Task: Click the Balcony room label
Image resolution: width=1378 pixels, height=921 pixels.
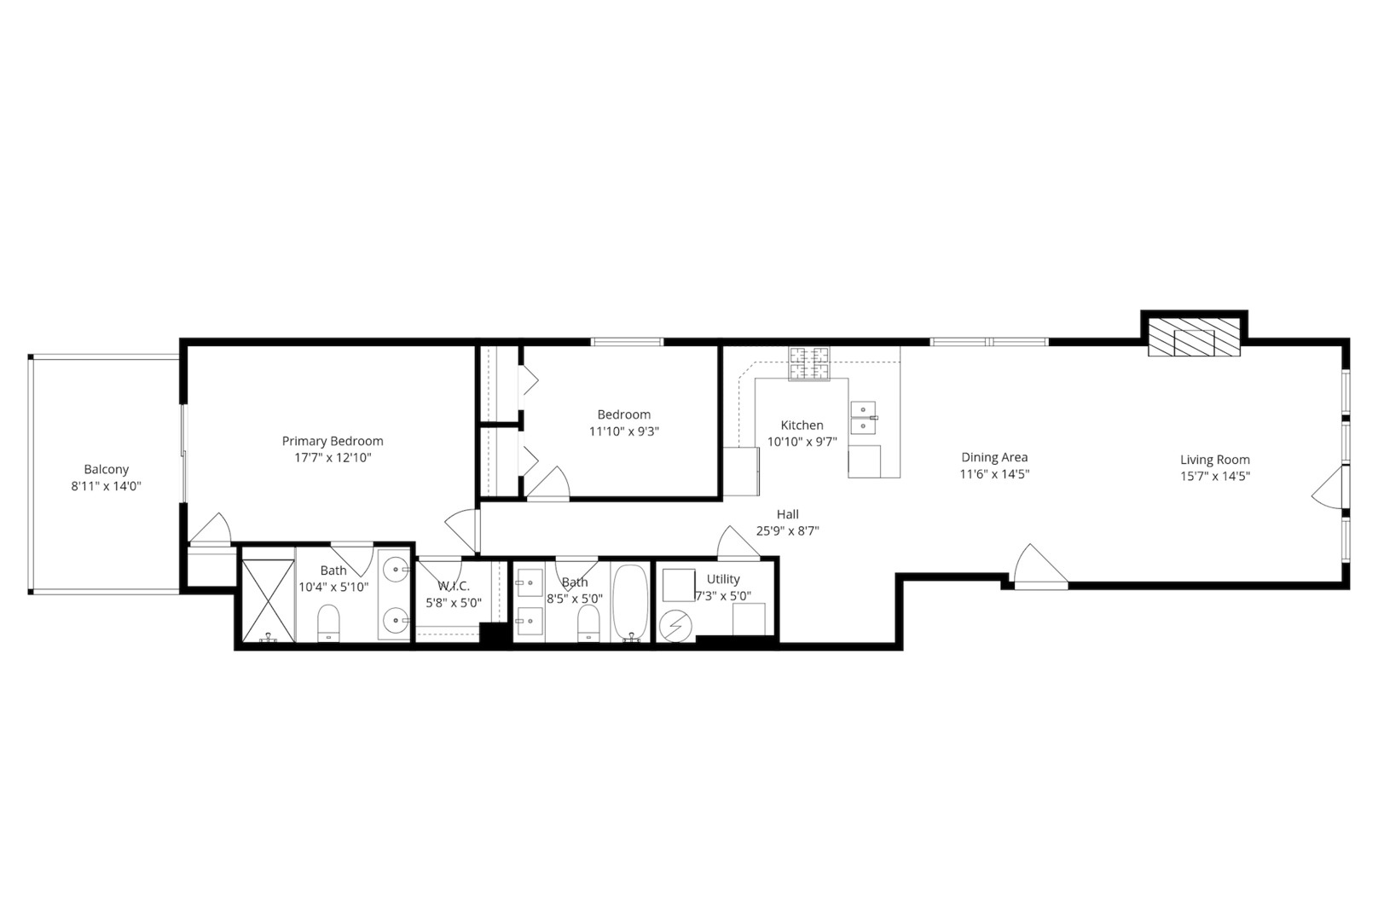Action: [x=107, y=469]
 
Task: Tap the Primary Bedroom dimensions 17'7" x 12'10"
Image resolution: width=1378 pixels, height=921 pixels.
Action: [x=333, y=457]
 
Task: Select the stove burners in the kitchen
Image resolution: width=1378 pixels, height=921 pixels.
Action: [x=808, y=364]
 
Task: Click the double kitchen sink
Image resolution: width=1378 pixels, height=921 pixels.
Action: [x=863, y=417]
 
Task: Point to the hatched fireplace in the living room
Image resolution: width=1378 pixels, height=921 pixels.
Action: [x=1193, y=338]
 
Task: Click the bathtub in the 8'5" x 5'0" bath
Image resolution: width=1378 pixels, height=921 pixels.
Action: [x=631, y=602]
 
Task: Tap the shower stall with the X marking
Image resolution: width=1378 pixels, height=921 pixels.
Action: [x=268, y=600]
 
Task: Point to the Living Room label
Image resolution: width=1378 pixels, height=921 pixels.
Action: [x=1214, y=460]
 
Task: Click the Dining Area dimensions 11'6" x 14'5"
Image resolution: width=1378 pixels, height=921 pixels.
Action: [x=994, y=473]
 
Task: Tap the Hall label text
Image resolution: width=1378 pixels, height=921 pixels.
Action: [x=787, y=514]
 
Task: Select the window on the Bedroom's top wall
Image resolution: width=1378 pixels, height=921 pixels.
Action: [x=627, y=342]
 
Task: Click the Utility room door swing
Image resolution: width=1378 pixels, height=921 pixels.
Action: [x=738, y=543]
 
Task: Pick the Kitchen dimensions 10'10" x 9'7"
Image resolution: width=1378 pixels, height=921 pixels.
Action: [x=802, y=441]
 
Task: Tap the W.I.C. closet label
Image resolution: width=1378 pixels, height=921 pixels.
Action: [x=454, y=586]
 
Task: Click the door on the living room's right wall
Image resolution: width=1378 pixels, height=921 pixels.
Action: [x=1329, y=489]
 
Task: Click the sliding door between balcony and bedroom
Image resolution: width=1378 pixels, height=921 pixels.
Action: [x=182, y=452]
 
